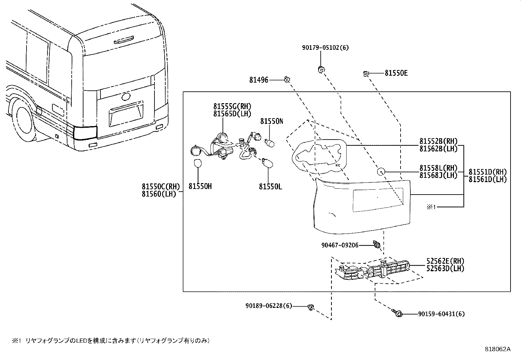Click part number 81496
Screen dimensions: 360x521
[x=259, y=80]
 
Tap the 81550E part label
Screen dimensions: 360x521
[x=396, y=73]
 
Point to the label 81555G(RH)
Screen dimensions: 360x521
[x=232, y=106]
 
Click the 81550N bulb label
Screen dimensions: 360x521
[x=272, y=121]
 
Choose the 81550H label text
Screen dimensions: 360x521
[x=200, y=186]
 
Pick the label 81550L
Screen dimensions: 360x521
[x=270, y=186]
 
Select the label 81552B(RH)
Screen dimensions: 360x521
[x=438, y=141]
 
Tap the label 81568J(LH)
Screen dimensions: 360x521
[x=438, y=175]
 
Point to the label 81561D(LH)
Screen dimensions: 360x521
[x=488, y=179]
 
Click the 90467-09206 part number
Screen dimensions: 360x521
[x=339, y=245]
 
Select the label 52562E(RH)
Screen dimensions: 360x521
[x=445, y=261]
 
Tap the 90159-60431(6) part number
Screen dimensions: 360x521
[x=441, y=314]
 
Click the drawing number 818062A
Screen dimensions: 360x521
[x=497, y=349]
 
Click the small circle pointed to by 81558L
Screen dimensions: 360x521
[x=381, y=172]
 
